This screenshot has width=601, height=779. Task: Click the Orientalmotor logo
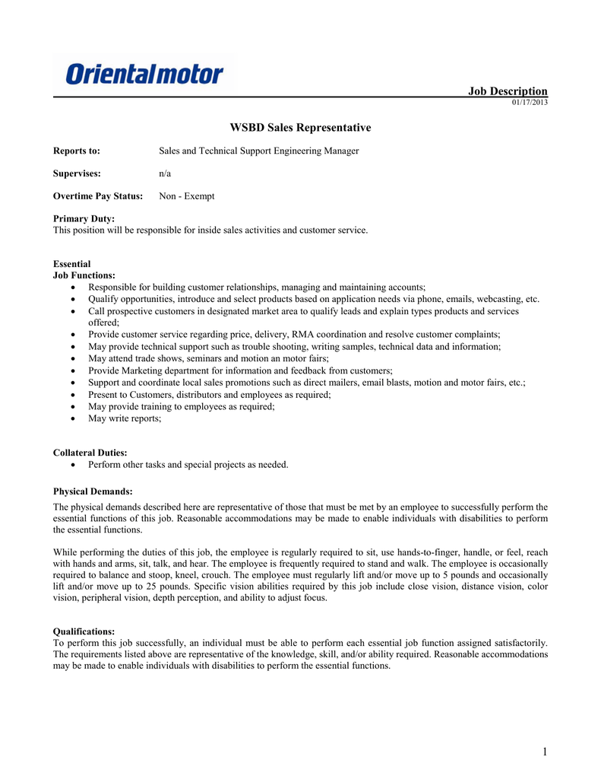144,74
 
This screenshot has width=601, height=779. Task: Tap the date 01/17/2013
530,102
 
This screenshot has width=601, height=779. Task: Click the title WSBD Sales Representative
300,128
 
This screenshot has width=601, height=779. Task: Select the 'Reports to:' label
77,151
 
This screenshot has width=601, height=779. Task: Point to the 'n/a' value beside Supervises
165,173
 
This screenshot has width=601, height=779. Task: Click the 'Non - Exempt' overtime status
186,196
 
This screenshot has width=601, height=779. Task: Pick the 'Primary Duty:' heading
84,219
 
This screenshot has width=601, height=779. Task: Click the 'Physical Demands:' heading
92,491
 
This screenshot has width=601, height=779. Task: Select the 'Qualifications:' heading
84,631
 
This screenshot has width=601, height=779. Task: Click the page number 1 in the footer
545,752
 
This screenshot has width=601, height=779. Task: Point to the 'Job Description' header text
508,91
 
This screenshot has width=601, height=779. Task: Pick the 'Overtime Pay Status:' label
98,196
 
